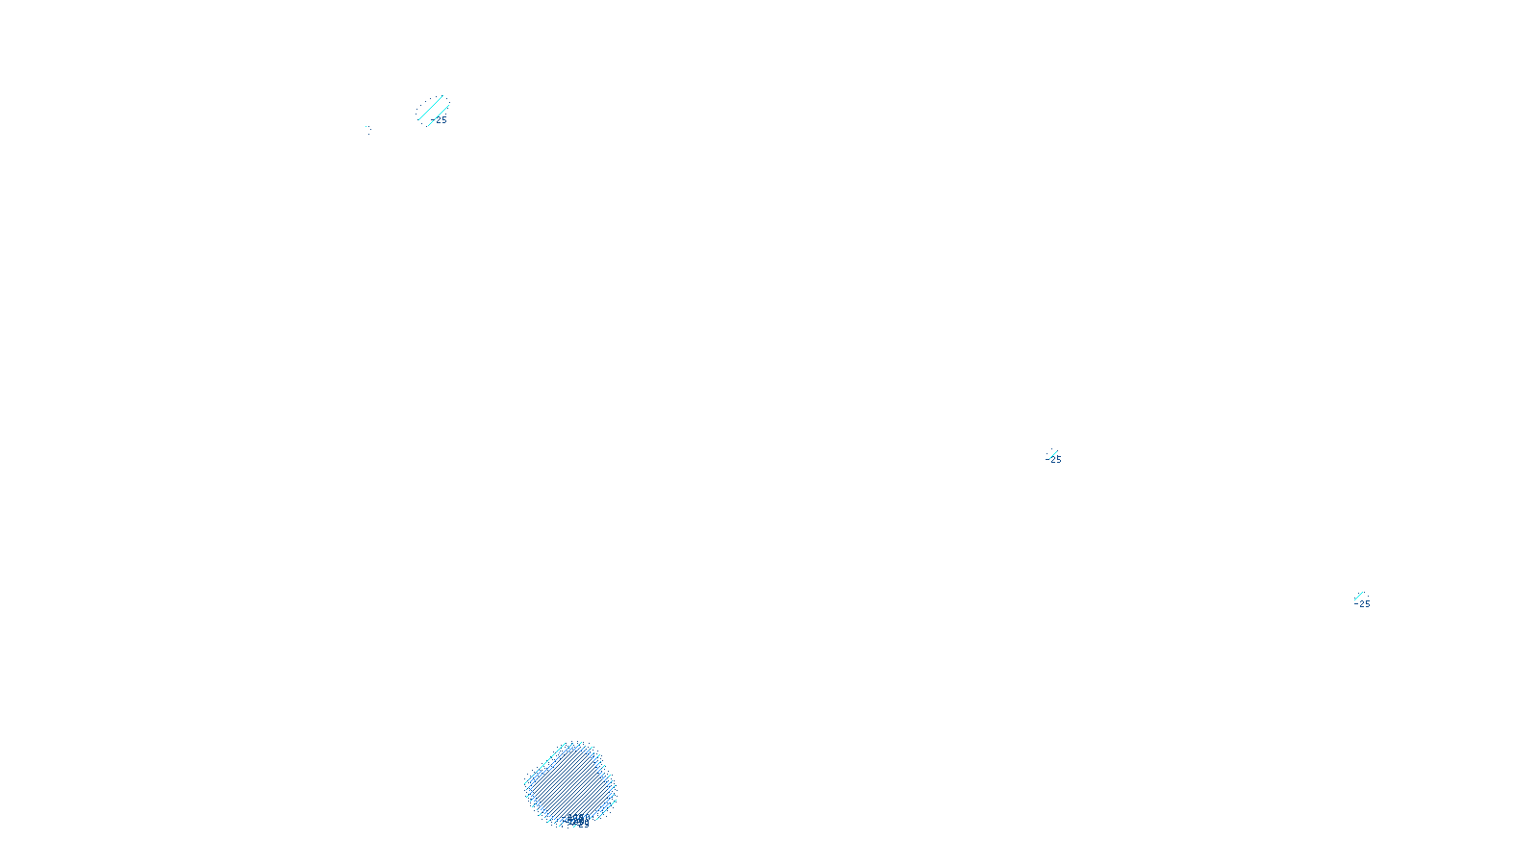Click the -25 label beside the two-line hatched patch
tap(441, 120)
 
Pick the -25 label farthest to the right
tap(1363, 604)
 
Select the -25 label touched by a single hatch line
tap(1055, 460)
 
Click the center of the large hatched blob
tap(570, 783)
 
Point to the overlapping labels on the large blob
tap(578, 821)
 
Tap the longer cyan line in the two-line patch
tap(431, 108)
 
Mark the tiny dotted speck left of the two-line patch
tap(366, 128)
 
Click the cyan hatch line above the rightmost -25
tap(1358, 596)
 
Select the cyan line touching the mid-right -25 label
tap(1052, 453)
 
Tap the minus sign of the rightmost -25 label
tap(1356, 604)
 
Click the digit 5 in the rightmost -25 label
tap(1367, 604)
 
